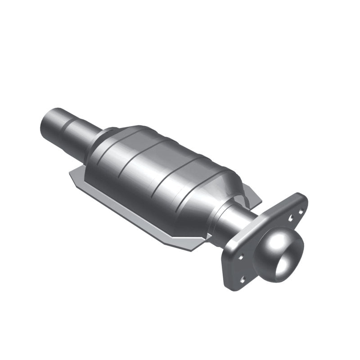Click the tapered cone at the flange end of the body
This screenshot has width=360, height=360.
[x=225, y=193]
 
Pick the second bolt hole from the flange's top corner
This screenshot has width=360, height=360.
[x=291, y=217]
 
